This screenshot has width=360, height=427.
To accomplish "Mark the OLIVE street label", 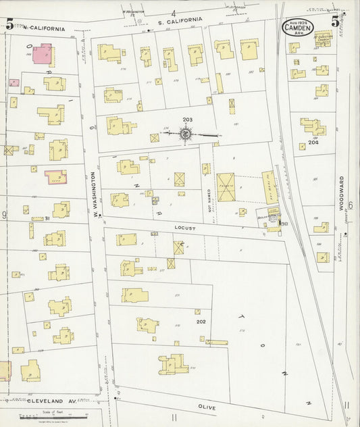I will (x=207, y=407).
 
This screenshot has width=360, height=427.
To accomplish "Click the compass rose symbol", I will (x=185, y=135).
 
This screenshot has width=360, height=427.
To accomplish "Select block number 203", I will (x=187, y=120).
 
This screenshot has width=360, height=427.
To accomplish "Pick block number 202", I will (x=201, y=322).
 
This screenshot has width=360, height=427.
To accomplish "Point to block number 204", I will (x=313, y=143).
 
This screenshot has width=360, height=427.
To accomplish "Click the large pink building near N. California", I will (x=42, y=54).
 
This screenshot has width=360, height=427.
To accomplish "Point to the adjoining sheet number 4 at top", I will (x=174, y=14).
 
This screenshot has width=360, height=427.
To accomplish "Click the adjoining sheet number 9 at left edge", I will (x=4, y=215).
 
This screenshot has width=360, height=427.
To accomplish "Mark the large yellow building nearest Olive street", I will (x=173, y=364).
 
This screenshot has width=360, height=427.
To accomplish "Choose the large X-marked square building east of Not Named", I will (x=226, y=187).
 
